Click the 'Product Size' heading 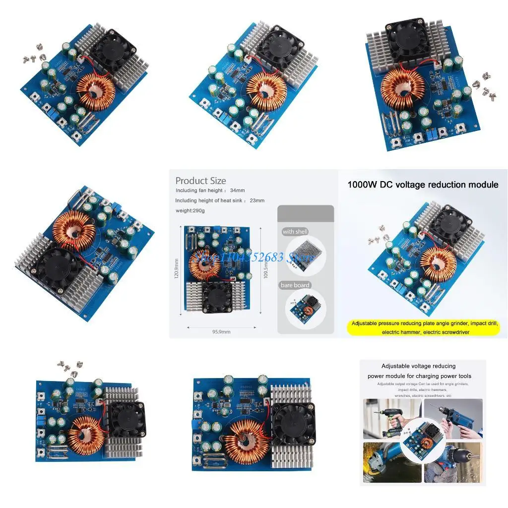point(200,181)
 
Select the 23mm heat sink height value point(257,200)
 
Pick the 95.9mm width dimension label point(221,331)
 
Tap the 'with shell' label point(295,232)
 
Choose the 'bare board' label point(295,285)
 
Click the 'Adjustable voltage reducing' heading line point(418,366)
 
